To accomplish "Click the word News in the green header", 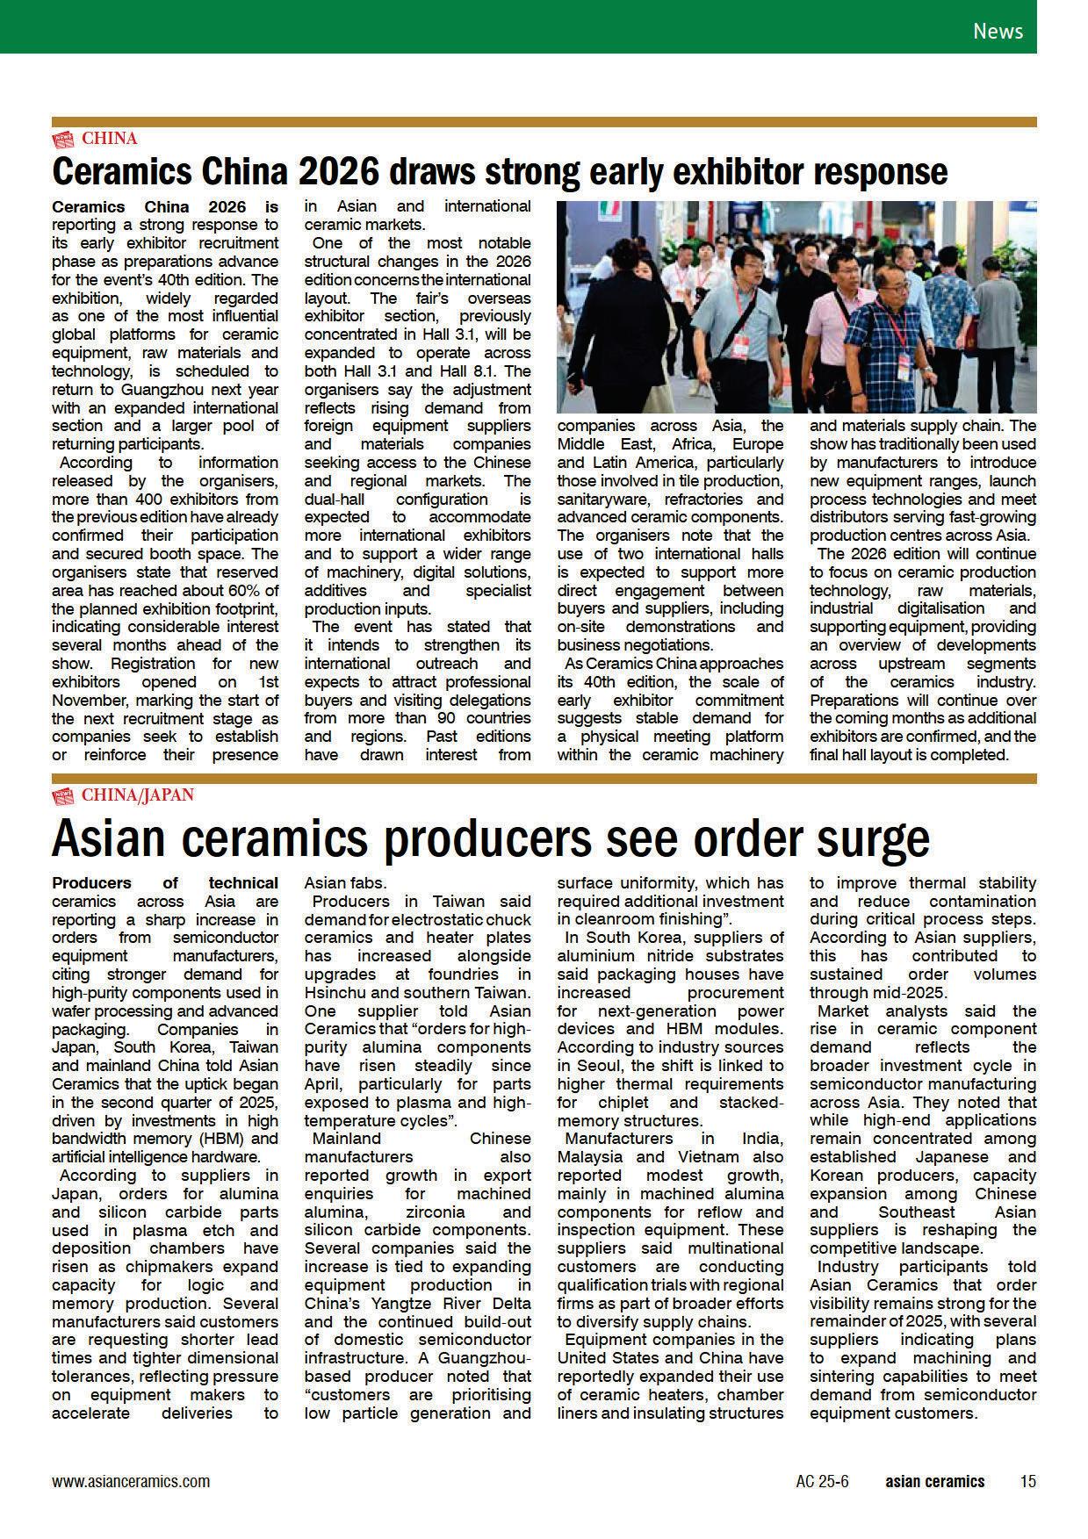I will [998, 31].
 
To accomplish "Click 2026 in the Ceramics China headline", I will [338, 171].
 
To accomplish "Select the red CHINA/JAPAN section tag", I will [138, 795].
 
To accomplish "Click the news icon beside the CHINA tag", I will [63, 138].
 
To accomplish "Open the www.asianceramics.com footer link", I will [131, 1481].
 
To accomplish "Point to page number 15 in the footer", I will [1027, 1481].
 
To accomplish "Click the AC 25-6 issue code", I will [822, 1481].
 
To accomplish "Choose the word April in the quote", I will [326, 1084].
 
